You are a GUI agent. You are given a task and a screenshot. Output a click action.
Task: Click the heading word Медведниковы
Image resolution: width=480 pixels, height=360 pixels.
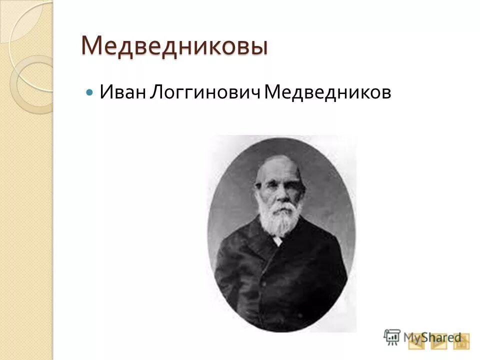(x=174, y=46)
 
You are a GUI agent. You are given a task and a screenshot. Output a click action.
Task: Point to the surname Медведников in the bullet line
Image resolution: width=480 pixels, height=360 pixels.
(x=327, y=92)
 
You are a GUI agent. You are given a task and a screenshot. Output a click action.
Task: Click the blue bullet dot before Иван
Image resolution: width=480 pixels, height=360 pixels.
(x=90, y=93)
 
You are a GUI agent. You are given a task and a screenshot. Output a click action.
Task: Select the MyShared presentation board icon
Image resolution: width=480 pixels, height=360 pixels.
(x=392, y=337)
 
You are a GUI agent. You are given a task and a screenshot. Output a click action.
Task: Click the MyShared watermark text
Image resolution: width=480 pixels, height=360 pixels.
(x=432, y=337)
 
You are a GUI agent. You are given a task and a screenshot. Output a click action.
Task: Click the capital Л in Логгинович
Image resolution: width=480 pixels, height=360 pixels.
(x=153, y=92)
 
